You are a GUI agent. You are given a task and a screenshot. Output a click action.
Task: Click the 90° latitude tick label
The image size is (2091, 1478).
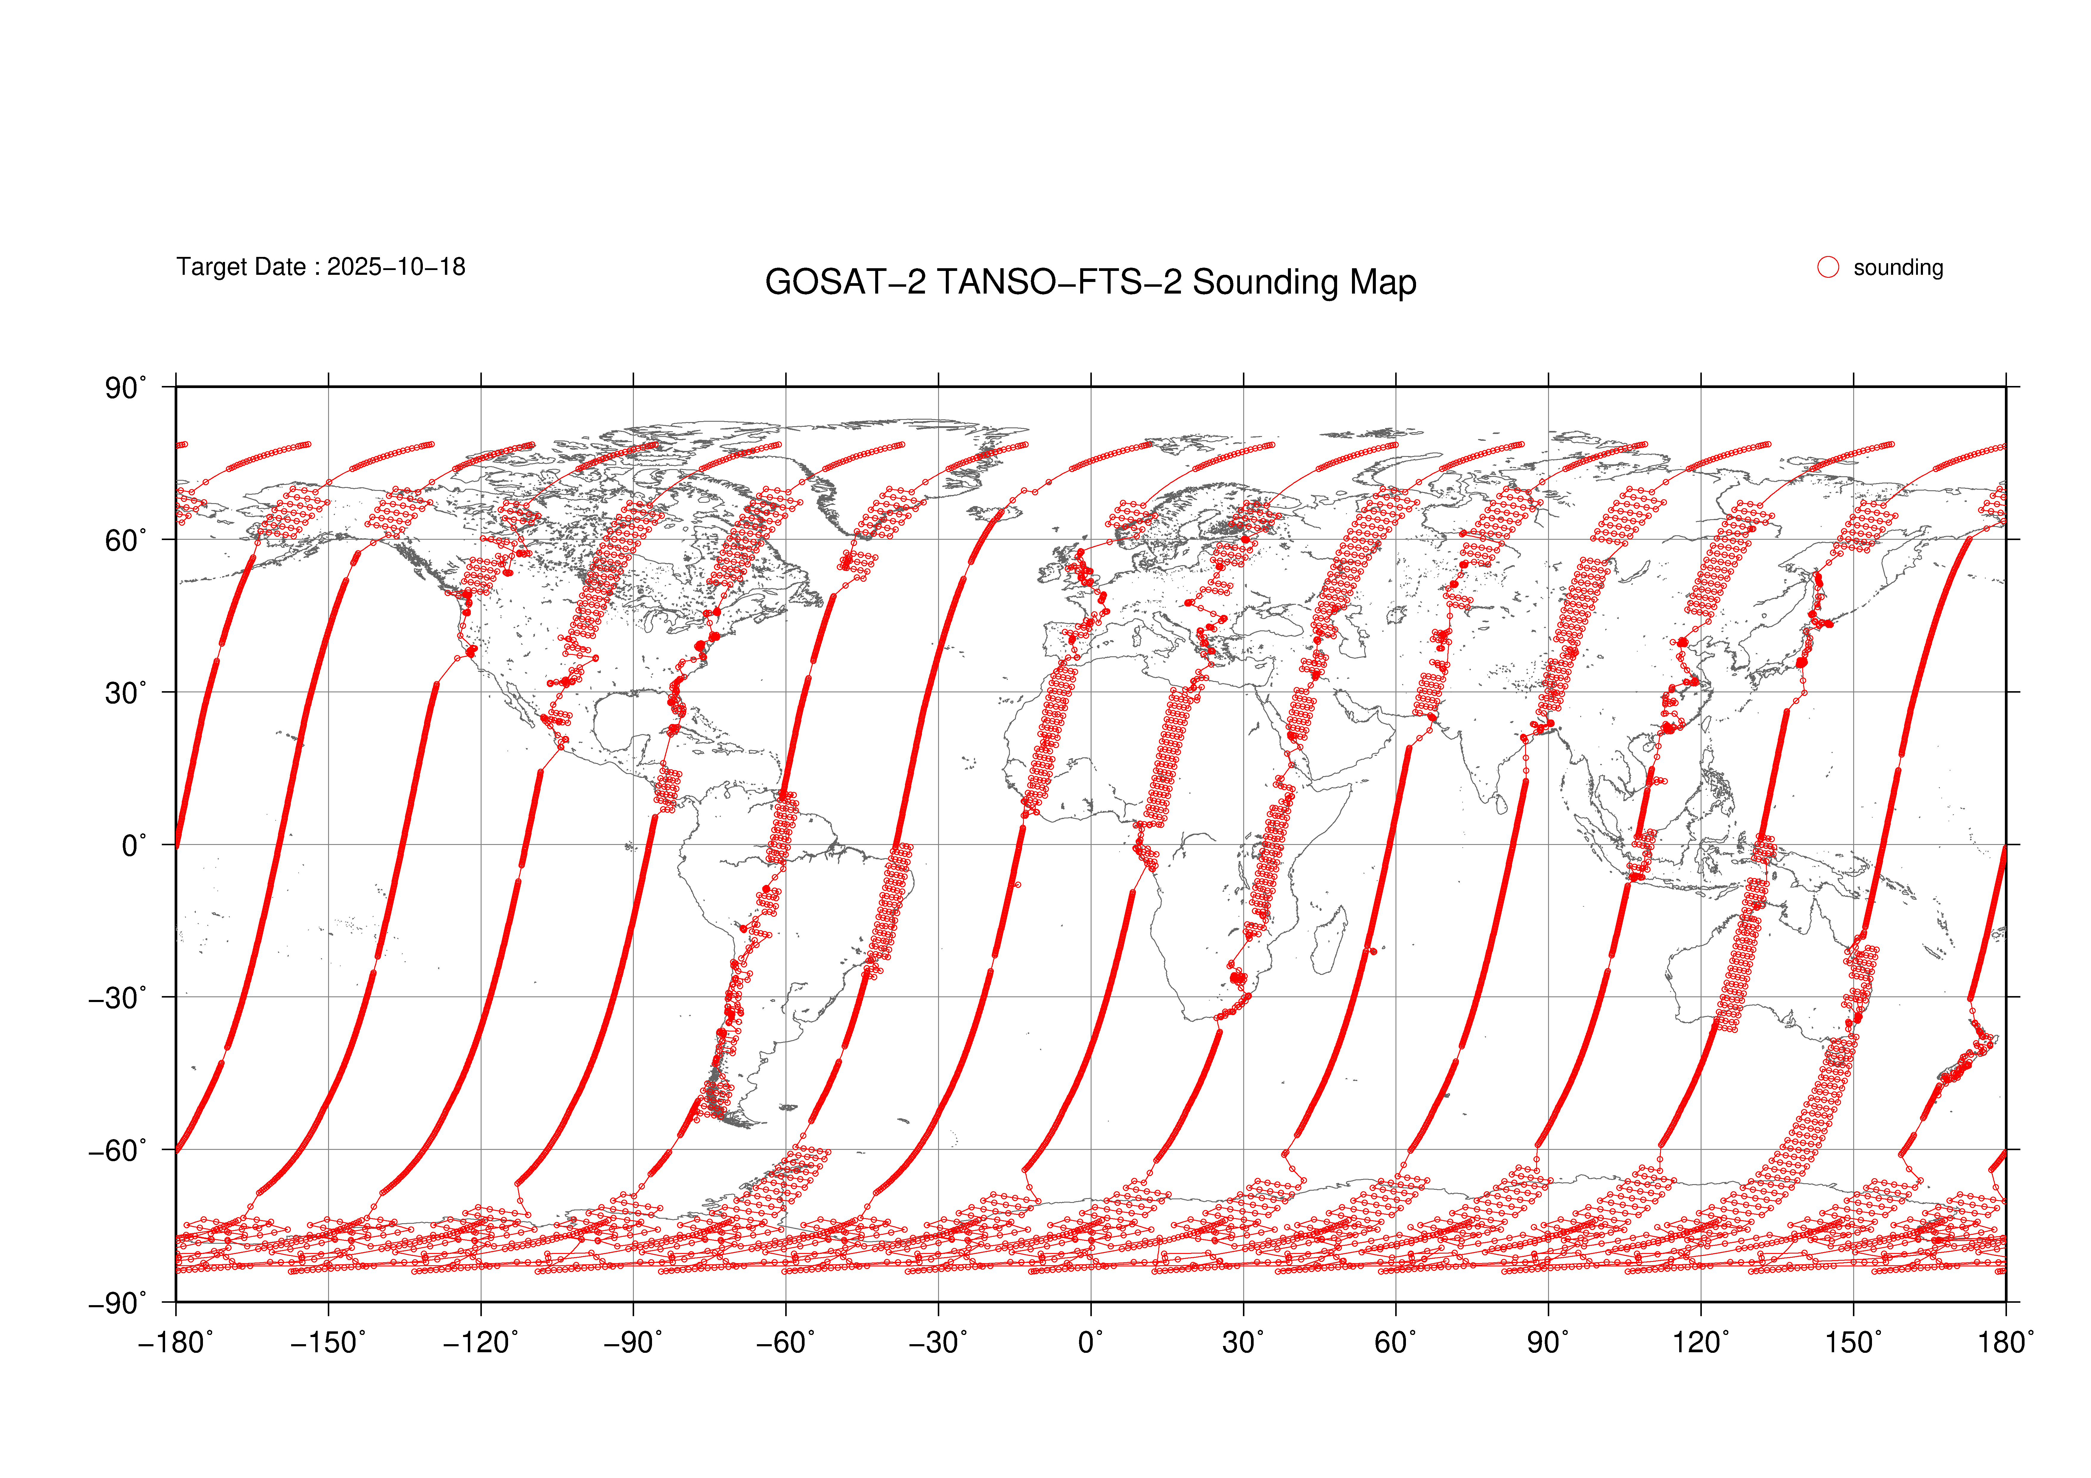pyautogui.click(x=125, y=389)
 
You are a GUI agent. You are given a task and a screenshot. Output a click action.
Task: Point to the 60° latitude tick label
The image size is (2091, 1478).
pyautogui.click(x=125, y=541)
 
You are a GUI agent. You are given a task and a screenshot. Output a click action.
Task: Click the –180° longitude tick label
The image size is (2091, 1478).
pyautogui.click(x=176, y=1343)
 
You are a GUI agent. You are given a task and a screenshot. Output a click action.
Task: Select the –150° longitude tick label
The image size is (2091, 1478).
pyautogui.click(x=328, y=1343)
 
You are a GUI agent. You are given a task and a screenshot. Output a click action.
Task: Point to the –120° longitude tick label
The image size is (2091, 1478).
pyautogui.click(x=481, y=1343)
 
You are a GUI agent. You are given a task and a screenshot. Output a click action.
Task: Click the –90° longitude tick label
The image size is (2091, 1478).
pyautogui.click(x=633, y=1343)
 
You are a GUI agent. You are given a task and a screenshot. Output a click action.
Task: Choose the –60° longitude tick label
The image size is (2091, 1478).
pyautogui.click(x=786, y=1343)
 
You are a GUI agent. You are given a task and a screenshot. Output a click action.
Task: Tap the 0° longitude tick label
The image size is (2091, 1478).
pyautogui.click(x=1091, y=1343)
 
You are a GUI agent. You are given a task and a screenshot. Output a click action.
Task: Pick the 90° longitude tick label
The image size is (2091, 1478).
pyautogui.click(x=1548, y=1343)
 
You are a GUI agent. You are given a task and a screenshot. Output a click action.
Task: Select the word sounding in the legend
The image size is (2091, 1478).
pyautogui.click(x=1898, y=268)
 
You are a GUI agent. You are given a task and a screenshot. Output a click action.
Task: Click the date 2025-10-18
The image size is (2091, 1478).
pyautogui.click(x=396, y=267)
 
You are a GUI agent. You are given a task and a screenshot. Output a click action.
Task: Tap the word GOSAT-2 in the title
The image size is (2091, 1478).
pyautogui.click(x=845, y=282)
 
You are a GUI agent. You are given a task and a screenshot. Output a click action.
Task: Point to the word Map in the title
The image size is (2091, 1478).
pyautogui.click(x=1382, y=282)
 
